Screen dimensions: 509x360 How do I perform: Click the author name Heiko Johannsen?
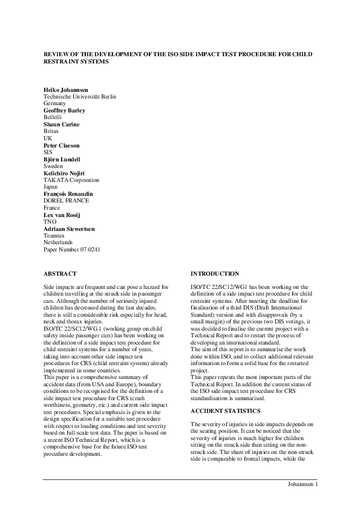pos(65,89)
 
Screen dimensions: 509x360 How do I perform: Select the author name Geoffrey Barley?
pos(64,111)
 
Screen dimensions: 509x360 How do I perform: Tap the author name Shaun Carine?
pos(61,125)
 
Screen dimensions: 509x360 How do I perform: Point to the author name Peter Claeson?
pos(61,145)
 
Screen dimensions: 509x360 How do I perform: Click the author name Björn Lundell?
pos(62,159)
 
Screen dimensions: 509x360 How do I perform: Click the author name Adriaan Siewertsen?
pos(68,229)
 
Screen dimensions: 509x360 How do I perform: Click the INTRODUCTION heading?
pos(215,274)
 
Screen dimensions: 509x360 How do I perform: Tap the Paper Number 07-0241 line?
pos(70,249)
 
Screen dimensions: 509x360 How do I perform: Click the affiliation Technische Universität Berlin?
pos(80,97)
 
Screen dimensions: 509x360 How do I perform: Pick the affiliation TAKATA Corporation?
pos(71,180)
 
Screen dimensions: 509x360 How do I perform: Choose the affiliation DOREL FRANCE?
pos(67,201)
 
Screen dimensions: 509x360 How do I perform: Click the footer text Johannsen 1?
pos(302,485)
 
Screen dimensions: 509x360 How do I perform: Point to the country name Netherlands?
pos(57,242)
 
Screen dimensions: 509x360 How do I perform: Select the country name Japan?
pos(50,187)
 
